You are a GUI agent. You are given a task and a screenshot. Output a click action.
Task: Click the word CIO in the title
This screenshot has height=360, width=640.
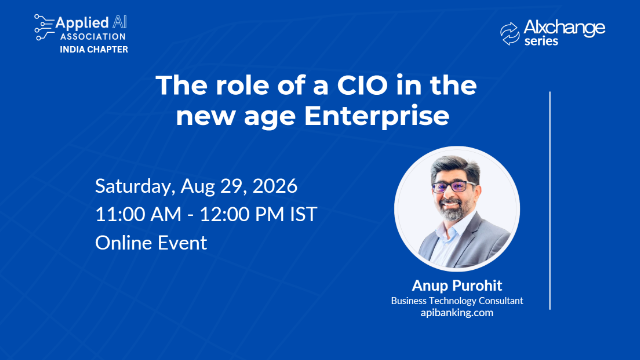point(362,85)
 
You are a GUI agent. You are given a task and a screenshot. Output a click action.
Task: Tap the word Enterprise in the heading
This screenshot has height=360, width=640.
point(376,116)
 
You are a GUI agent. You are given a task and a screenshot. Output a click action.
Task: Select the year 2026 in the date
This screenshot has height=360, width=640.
point(275,186)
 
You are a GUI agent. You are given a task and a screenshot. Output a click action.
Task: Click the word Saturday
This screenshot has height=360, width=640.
point(135,187)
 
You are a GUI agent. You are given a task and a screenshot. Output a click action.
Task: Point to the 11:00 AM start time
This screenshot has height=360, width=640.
point(138,215)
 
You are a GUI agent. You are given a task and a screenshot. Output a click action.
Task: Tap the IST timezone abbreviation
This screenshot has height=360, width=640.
point(303,215)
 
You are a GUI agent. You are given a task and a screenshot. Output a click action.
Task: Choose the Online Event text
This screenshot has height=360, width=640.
point(151,243)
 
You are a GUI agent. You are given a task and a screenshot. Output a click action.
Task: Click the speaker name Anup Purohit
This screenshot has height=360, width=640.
point(457,286)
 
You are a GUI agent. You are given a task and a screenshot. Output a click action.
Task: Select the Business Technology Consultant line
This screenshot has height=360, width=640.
point(457,301)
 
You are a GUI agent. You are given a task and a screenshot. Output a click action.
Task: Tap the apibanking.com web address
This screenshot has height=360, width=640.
point(457,313)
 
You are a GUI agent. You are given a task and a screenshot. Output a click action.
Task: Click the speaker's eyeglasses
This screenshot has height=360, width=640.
point(453,187)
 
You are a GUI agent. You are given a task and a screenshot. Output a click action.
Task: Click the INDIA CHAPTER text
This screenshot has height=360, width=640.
point(94,49)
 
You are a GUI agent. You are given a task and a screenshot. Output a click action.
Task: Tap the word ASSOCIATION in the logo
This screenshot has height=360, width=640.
point(93,37)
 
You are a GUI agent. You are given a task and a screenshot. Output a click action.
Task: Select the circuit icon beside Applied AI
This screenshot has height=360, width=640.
point(44,27)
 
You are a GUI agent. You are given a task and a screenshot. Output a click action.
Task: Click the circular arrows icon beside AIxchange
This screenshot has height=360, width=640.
point(510,33)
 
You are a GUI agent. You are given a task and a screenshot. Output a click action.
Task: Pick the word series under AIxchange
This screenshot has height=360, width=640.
point(541,41)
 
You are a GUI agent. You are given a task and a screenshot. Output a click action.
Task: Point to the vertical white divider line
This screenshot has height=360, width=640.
point(550,200)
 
